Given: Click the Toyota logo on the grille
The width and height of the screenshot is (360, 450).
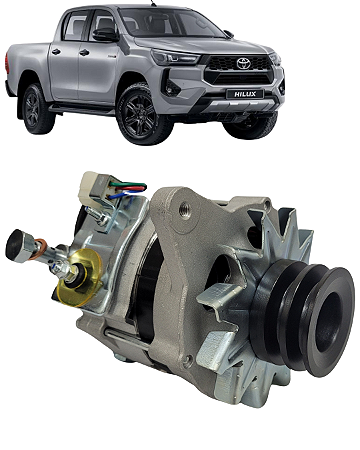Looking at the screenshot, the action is click(243, 63).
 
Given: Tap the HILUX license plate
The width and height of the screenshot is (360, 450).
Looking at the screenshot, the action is click(245, 94).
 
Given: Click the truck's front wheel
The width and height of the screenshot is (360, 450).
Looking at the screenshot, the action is click(140, 115).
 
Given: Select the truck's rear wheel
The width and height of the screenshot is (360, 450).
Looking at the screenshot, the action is click(35, 109).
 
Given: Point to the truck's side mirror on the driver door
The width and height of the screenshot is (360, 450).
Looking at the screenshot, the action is click(105, 34).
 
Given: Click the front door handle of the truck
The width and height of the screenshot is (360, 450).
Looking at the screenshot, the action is click(84, 53).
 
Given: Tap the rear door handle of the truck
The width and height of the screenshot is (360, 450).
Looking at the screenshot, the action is click(56, 51).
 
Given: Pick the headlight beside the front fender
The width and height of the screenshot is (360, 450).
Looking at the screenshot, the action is click(173, 57).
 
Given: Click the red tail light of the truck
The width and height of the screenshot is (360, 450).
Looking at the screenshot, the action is click(7, 63).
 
